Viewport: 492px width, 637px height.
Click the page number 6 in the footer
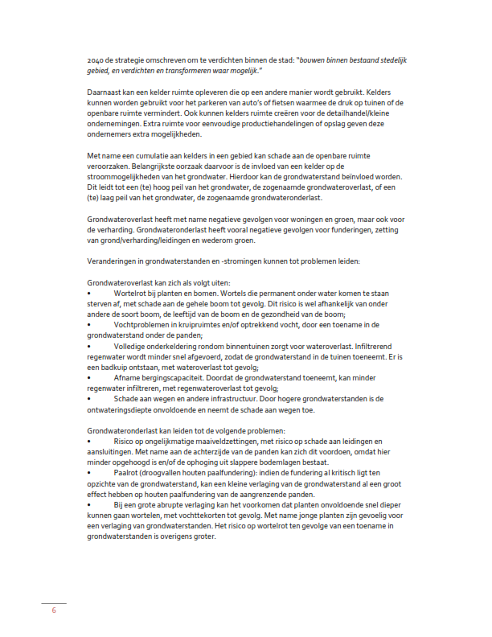(53, 610)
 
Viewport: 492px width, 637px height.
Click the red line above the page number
(53, 602)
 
